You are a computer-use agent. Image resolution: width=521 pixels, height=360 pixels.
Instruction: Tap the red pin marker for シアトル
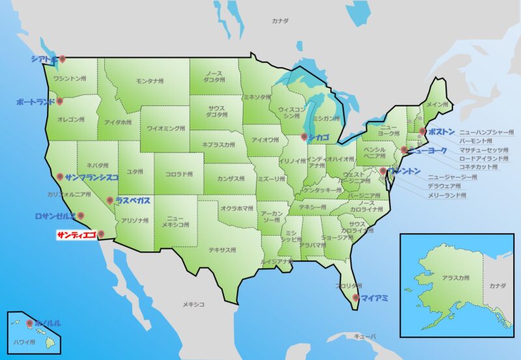point(63,59)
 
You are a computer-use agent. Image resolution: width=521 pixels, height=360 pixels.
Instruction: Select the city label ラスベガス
point(132,201)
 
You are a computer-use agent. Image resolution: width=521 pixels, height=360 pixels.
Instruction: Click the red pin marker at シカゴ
point(303,137)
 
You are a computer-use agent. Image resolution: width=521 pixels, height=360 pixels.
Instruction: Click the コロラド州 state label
point(178,174)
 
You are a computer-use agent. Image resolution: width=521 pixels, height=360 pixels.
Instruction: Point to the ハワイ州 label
point(25,341)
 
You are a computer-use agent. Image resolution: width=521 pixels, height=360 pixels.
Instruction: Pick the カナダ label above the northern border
point(279,21)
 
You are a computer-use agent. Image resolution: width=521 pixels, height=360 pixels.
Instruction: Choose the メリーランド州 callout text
point(447,195)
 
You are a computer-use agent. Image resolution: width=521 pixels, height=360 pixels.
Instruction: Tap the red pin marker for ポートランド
point(59,101)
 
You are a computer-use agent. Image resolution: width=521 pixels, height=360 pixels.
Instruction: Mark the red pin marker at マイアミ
point(355,298)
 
